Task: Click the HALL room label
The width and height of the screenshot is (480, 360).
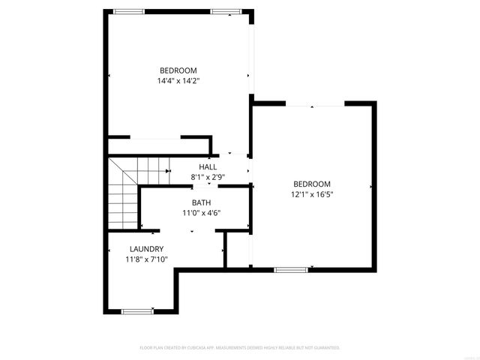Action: (x=208, y=166)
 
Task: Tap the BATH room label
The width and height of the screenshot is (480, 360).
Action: (x=201, y=202)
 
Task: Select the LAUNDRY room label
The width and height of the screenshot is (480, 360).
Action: (x=146, y=249)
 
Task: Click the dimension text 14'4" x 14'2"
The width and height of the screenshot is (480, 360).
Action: (x=178, y=80)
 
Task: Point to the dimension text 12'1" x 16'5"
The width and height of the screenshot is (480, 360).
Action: (x=311, y=194)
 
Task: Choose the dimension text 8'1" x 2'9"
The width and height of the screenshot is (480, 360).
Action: (x=208, y=176)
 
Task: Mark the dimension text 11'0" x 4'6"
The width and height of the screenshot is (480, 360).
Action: (x=201, y=212)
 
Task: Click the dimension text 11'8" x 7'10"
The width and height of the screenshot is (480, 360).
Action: (x=146, y=259)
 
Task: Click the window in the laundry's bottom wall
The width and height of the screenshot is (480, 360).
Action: (x=137, y=311)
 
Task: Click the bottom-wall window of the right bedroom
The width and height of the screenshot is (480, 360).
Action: (x=291, y=269)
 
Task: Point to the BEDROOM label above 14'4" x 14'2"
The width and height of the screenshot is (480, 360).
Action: (x=178, y=70)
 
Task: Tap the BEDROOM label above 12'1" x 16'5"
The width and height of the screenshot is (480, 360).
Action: (x=311, y=184)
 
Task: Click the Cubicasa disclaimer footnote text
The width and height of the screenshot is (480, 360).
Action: (x=240, y=348)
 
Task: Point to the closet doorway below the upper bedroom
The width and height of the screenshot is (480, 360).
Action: (x=155, y=138)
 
